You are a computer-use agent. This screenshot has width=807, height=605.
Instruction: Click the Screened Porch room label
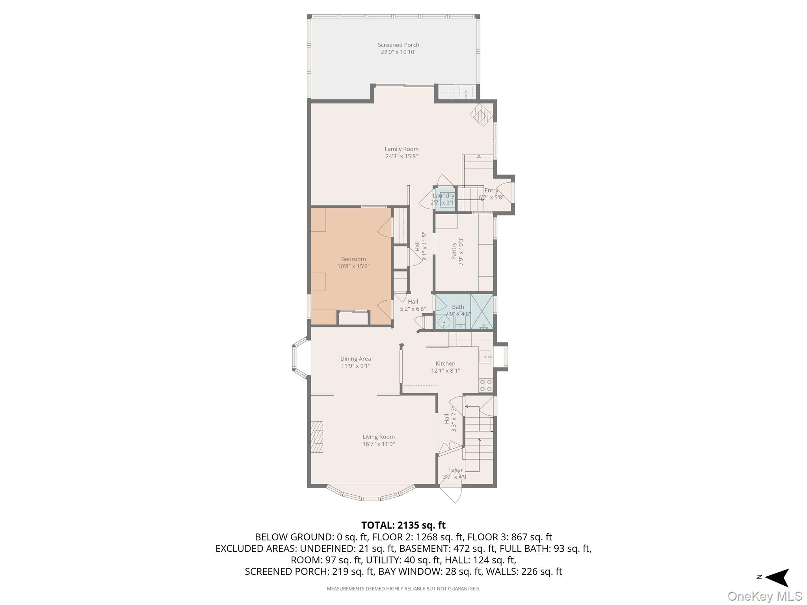point(398,45)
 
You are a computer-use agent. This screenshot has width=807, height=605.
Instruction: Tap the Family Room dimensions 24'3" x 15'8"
point(402,156)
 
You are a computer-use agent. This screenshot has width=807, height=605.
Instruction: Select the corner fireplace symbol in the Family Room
point(481,115)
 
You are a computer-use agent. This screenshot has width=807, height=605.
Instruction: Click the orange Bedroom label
point(353,259)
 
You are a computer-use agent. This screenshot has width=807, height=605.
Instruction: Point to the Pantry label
point(454,251)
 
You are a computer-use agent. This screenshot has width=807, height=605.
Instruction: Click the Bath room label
point(458,307)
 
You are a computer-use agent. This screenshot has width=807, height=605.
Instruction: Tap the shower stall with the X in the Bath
point(482,311)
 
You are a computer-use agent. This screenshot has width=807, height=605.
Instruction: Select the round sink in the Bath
point(444,323)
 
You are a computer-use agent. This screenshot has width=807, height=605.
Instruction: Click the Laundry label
point(443,196)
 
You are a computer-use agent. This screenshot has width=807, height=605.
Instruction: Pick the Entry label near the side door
point(491,191)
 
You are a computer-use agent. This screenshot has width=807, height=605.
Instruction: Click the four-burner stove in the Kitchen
point(485,385)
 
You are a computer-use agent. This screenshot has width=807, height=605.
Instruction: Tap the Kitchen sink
point(485,356)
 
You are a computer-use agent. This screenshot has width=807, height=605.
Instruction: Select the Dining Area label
point(355,359)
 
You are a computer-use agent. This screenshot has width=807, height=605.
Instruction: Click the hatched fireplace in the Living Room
point(316,437)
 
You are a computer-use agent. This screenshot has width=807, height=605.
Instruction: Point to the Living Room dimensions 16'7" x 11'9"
point(379,444)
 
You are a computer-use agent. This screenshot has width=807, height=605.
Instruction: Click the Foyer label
point(456,470)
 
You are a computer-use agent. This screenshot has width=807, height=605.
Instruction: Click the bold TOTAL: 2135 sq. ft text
point(403,525)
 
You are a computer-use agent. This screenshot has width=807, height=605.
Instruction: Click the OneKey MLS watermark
point(765,596)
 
